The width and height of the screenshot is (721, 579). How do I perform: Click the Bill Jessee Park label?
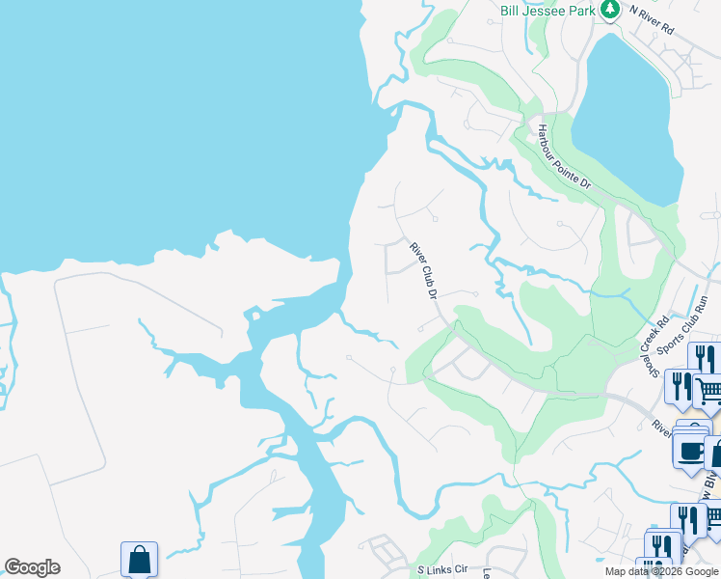coord(547,11)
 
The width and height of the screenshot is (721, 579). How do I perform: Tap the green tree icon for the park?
coord(609,10)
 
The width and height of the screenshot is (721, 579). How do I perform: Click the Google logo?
coord(32,567)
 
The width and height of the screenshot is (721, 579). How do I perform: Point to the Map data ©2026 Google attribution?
coord(660,571)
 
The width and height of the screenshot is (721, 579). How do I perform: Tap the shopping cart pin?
coord(708,391)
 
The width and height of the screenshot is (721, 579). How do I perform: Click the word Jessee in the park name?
coord(546,11)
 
